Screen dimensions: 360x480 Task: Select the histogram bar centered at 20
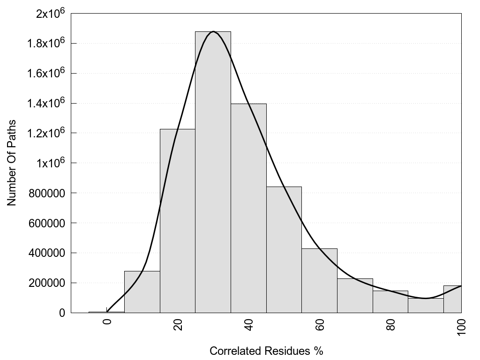coord(177,221)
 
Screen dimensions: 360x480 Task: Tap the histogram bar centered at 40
coord(248,208)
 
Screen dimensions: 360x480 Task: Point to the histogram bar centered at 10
coord(142,292)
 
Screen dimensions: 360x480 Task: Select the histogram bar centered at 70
coord(355,295)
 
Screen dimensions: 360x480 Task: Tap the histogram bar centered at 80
coord(390,301)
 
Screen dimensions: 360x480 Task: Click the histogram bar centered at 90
coord(426,305)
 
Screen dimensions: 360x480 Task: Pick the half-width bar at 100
coord(452,299)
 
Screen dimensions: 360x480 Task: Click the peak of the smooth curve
coord(213,31)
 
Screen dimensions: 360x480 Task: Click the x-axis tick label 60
coord(319,325)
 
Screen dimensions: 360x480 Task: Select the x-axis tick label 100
coord(461,327)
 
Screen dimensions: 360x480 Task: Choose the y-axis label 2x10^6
coord(50,14)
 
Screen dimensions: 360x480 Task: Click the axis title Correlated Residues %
coord(266,351)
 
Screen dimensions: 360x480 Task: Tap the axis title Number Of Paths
coord(12,163)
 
